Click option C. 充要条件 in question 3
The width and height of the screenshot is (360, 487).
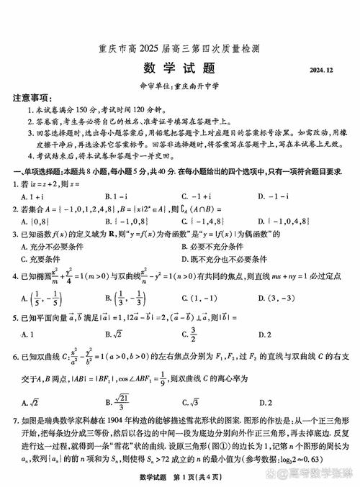pyautogui.click(x=43, y=259)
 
